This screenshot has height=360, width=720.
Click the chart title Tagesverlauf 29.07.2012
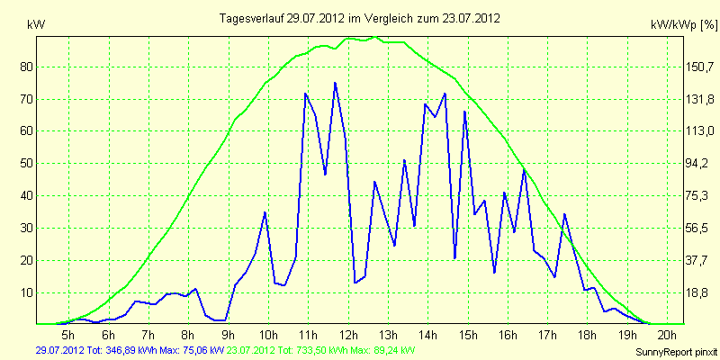click(283, 18)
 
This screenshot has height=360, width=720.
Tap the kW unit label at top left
click(36, 25)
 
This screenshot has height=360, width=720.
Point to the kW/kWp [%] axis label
click(684, 25)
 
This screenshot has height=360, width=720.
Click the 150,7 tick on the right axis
click(700, 67)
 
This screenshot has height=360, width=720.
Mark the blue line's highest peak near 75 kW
click(335, 83)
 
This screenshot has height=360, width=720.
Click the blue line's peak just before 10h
click(265, 212)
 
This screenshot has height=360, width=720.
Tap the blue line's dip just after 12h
click(355, 283)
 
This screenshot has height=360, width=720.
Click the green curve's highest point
click(375, 36)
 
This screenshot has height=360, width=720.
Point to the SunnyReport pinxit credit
click(676, 353)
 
